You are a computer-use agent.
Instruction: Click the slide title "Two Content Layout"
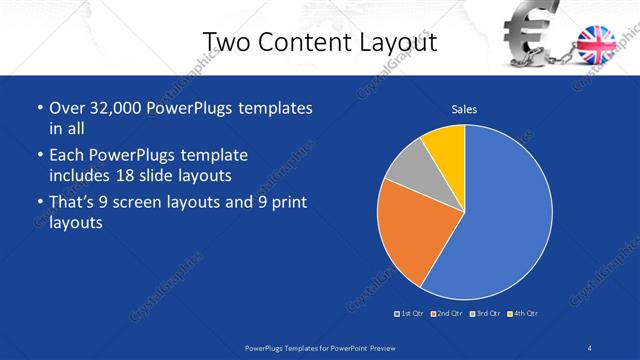click(x=319, y=42)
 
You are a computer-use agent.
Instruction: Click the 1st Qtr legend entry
click(x=409, y=314)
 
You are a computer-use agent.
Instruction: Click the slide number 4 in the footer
click(x=591, y=347)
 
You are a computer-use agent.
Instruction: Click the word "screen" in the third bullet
click(x=149, y=203)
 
